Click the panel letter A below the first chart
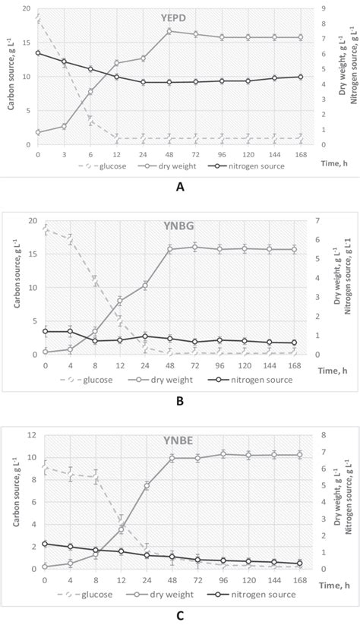coord(179,185)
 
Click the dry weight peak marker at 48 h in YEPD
coord(169,30)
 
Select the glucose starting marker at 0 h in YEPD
coord(38,15)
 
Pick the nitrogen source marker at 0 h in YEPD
coord(38,52)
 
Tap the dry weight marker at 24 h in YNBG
coord(144,286)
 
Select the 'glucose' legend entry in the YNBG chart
coord(85,380)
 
